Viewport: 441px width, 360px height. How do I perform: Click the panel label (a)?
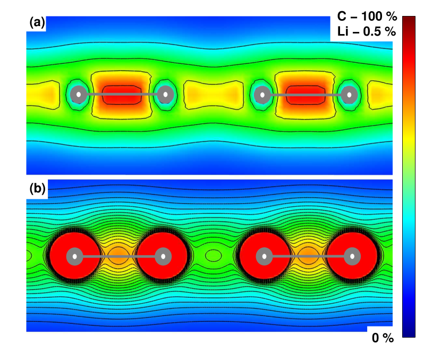tap(37, 23)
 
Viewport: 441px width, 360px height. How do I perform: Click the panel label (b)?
tap(37, 189)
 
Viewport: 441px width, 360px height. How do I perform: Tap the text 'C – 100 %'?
tap(367, 16)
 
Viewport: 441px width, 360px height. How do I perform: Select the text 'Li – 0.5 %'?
tap(367, 31)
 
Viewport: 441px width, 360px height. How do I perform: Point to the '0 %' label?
tap(383, 338)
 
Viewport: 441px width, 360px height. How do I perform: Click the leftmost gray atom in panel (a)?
tap(79, 95)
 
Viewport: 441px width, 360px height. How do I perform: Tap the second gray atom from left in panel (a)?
tap(165, 95)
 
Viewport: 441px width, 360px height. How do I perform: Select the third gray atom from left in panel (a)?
tap(262, 95)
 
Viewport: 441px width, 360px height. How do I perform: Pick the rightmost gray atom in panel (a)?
tap(349, 95)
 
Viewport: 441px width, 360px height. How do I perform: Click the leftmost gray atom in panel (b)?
tap(74, 256)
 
